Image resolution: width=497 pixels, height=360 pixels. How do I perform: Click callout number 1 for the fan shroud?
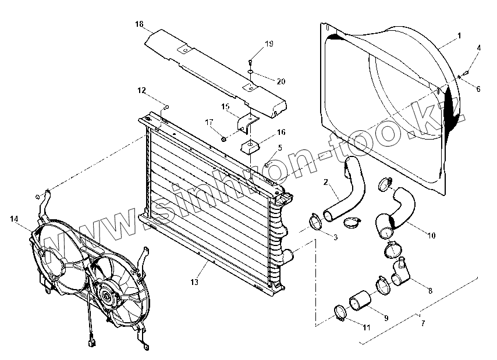pyautogui.click(x=459, y=36)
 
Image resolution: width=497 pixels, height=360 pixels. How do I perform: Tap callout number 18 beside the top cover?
pyautogui.click(x=139, y=24)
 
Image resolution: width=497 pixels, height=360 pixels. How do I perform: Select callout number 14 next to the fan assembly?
pyautogui.click(x=13, y=219)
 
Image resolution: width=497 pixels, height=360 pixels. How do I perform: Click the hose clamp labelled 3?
pyautogui.click(x=315, y=222)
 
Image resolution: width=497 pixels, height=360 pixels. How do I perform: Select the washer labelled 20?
pyautogui.click(x=250, y=72)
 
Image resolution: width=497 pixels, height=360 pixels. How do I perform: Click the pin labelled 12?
pyautogui.click(x=166, y=106)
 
